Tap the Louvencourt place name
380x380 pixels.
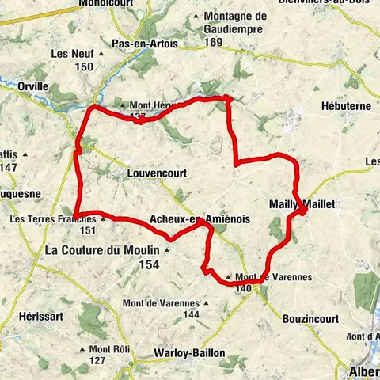click(x=154, y=170)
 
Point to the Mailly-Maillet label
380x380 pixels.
click(x=308, y=203)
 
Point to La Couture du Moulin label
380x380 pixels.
click(x=103, y=250)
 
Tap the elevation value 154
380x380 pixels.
click(x=148, y=264)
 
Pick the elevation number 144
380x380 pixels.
click(x=190, y=314)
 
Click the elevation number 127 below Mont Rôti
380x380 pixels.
click(x=97, y=361)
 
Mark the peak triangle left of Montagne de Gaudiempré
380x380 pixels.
click(x=196, y=17)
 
